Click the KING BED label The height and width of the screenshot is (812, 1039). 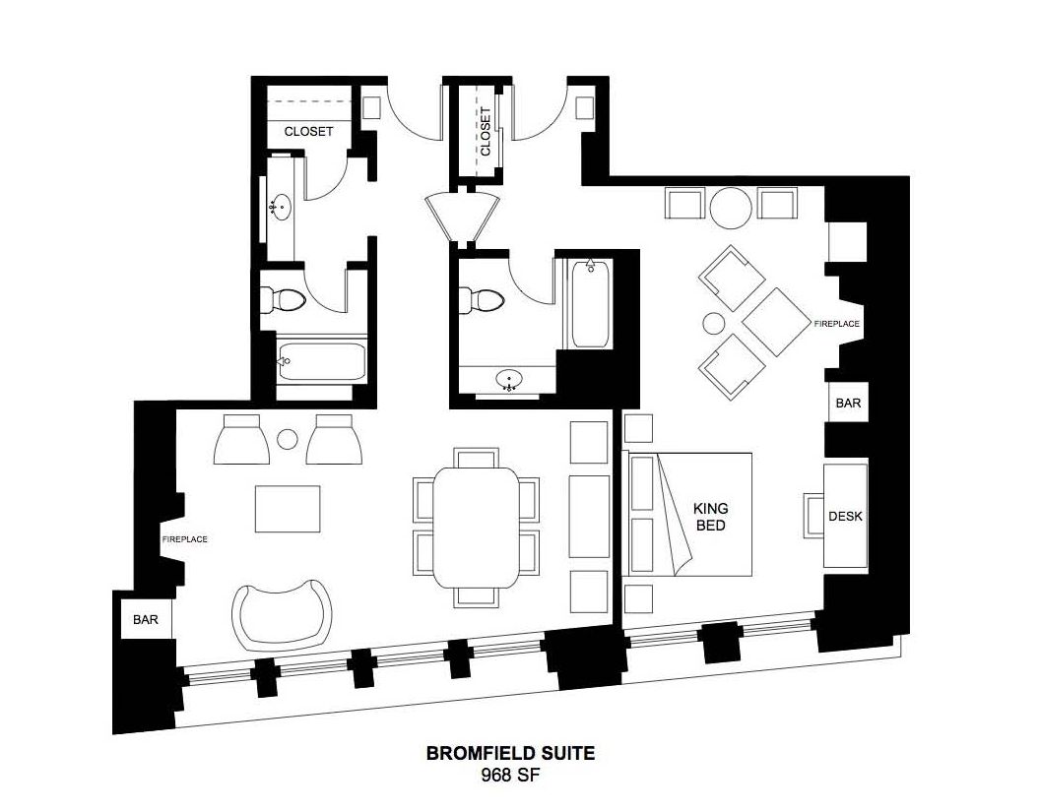tap(710, 517)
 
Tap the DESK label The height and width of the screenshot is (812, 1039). tap(846, 516)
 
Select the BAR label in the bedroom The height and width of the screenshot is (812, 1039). tap(848, 403)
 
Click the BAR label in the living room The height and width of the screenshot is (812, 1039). tap(146, 619)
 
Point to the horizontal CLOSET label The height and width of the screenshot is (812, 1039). tap(308, 131)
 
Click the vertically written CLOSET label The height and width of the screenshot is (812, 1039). tap(486, 132)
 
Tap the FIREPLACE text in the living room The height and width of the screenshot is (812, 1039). tap(185, 539)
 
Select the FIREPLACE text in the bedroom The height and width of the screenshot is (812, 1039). tap(837, 324)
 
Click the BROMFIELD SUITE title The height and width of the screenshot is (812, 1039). tap(510, 753)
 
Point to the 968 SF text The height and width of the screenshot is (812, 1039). tap(510, 775)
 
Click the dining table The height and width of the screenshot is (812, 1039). tap(476, 528)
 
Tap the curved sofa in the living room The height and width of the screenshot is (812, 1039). tap(283, 614)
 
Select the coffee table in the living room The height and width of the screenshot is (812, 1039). tap(288, 509)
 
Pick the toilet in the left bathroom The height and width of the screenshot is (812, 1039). tap(283, 299)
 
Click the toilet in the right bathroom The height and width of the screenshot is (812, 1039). tap(482, 300)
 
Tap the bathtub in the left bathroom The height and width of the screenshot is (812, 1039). tap(322, 361)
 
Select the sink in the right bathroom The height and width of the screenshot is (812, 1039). tap(509, 380)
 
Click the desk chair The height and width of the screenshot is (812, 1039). tap(813, 516)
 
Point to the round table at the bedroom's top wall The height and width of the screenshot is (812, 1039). tap(731, 208)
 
